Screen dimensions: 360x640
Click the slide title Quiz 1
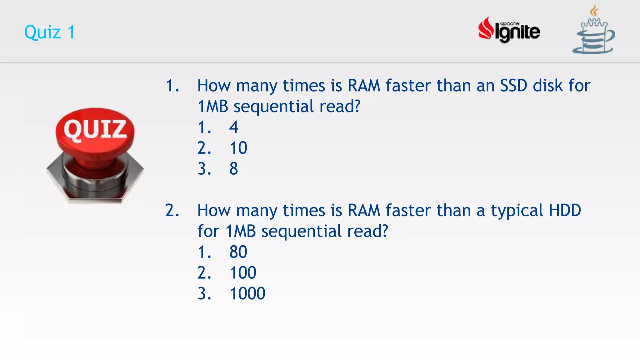(50, 32)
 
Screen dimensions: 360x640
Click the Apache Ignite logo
(509, 30)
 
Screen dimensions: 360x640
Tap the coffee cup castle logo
(593, 31)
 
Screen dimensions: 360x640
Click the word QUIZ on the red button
(95, 129)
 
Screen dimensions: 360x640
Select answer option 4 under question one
(233, 127)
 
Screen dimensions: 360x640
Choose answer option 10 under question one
(238, 148)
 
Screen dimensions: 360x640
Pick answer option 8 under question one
(233, 169)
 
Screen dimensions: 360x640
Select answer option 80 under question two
(238, 252)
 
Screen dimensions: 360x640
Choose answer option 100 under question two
(243, 273)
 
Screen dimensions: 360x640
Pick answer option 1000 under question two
(247, 293)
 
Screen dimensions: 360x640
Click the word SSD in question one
(514, 86)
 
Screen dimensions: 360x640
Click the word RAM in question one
(364, 86)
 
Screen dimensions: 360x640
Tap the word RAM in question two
(364, 210)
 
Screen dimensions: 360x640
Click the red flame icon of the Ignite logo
(485, 29)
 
